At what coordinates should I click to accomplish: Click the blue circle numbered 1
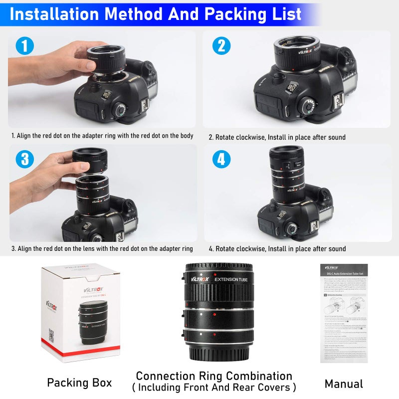coord(24,46)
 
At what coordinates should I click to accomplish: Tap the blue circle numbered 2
coord(221,46)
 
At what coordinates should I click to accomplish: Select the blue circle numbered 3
coord(24,160)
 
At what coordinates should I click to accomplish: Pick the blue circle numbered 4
coord(221,160)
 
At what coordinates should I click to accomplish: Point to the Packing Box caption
coord(79,383)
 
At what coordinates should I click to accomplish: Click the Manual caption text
coord(344,384)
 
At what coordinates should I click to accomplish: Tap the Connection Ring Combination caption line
coord(214,376)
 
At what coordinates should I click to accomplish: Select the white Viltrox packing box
coord(80,312)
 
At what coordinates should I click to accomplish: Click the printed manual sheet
coord(344,313)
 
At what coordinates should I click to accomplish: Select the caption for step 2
coord(277,137)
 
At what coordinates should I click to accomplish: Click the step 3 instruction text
coord(102,248)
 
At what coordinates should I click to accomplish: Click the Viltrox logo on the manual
coord(331,267)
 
